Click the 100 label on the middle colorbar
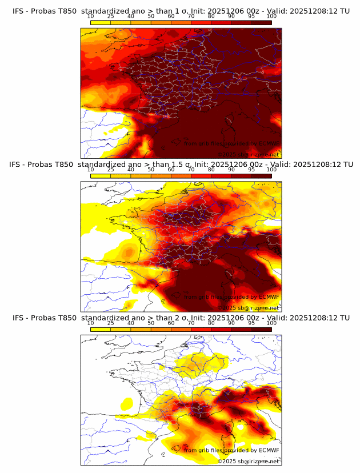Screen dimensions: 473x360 point(271,169)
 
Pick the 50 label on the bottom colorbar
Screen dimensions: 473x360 point(151,323)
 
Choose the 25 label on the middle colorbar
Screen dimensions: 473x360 point(111,169)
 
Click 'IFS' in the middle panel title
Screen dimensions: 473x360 point(15,164)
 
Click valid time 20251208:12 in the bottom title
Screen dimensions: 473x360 point(314,318)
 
